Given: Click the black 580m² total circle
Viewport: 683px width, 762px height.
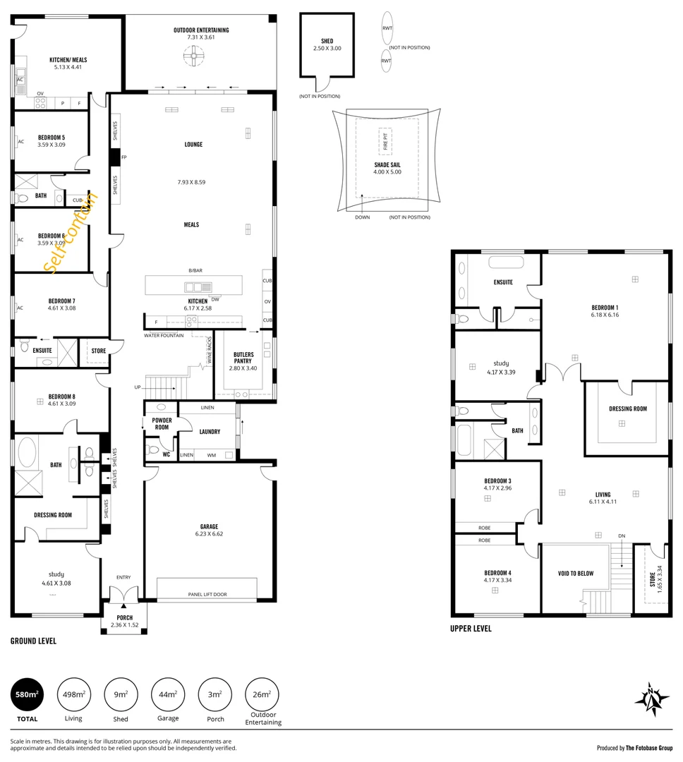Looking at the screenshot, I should pos(27,694).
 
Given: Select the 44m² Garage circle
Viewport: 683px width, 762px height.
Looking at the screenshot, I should pos(167,694).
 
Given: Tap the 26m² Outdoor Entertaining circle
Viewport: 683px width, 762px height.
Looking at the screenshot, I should pos(261,694).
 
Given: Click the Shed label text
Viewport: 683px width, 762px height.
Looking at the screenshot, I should pos(327,41).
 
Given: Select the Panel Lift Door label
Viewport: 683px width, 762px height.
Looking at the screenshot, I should pos(207,594).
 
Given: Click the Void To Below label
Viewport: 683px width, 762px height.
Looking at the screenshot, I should pos(576,573).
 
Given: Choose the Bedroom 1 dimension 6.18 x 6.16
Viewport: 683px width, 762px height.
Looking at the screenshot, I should pos(605,315).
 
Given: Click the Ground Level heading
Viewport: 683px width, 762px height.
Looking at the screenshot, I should pos(33,641).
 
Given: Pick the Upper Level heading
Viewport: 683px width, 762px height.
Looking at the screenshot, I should pos(471,628).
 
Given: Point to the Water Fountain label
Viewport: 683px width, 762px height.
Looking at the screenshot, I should pos(164,335).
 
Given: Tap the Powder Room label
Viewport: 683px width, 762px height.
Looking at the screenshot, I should pos(162,423).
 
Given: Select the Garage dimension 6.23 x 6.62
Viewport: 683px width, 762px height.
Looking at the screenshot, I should pos(208,534).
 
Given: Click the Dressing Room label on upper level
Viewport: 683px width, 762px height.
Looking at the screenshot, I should pos(627,409).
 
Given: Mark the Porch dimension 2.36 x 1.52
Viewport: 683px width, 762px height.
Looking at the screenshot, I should pos(126,625).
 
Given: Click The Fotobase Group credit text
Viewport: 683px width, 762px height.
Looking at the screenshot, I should pos(648,748).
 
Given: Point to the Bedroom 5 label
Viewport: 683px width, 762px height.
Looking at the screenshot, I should pos(52,137).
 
